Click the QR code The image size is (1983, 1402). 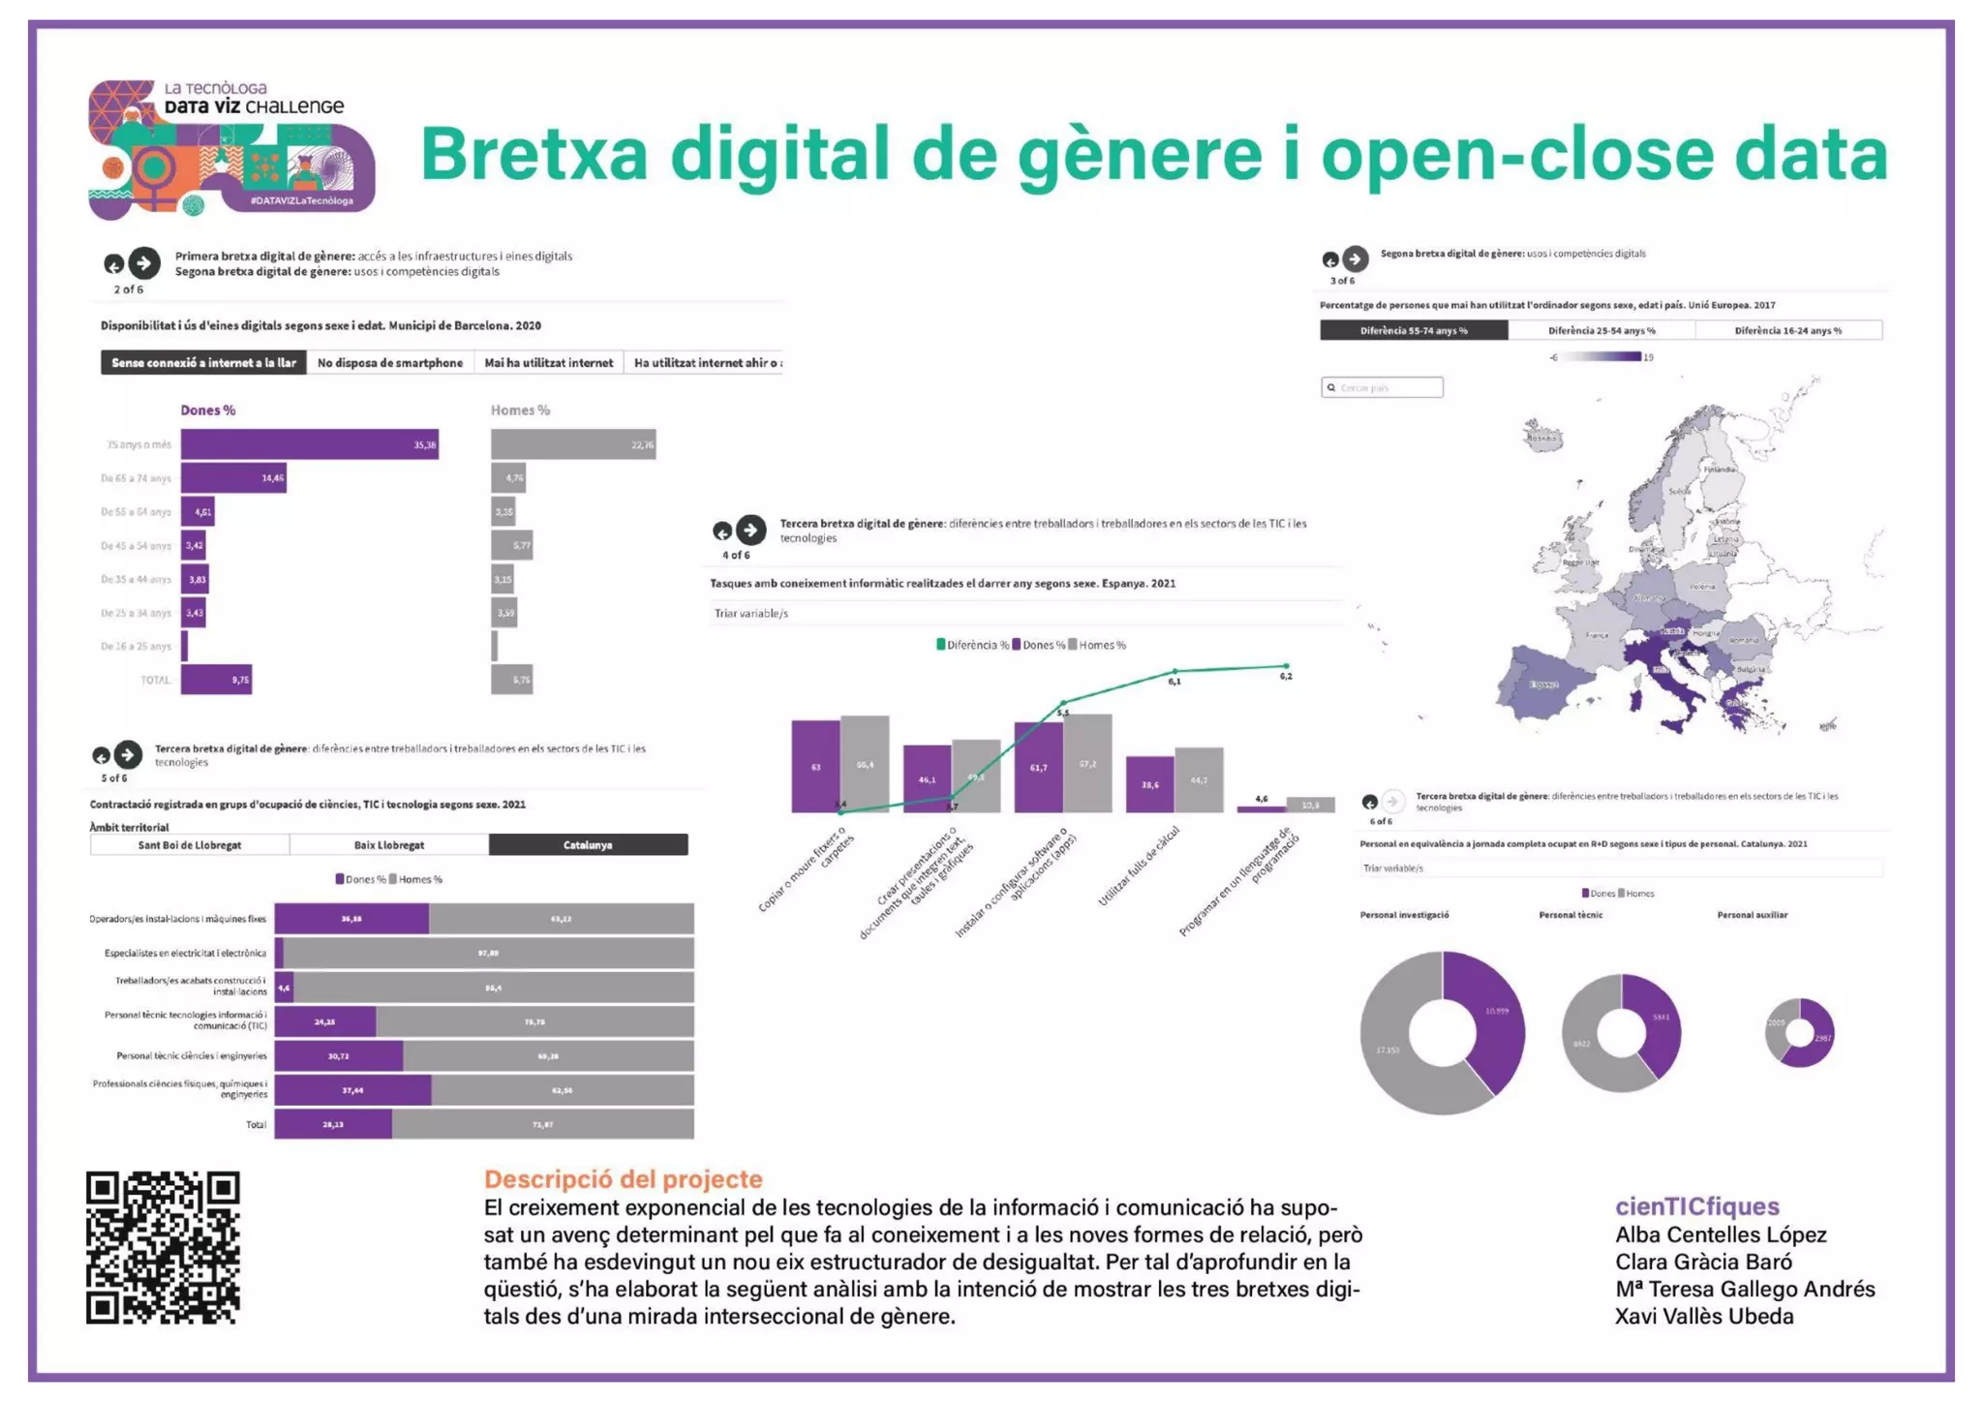point(163,1247)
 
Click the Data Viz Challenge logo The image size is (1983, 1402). point(230,147)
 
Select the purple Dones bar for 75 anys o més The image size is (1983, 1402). point(309,444)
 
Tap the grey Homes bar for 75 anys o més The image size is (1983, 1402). point(572,444)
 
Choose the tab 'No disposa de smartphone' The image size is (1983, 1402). point(389,363)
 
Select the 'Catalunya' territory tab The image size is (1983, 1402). point(588,845)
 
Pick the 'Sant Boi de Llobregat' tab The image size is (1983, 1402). point(190,845)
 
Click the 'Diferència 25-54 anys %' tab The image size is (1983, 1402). point(1601,331)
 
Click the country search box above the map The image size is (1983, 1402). point(1383,387)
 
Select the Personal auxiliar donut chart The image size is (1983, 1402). point(1799,1032)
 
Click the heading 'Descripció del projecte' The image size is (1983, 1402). point(623,1179)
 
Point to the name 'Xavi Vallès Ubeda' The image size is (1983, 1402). point(1703,1317)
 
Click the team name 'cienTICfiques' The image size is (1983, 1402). point(1696,1206)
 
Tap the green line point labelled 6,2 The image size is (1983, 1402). point(1286,666)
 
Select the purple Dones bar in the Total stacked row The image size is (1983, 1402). point(333,1124)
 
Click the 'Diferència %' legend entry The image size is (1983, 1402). point(973,645)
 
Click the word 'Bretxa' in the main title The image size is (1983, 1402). point(534,155)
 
